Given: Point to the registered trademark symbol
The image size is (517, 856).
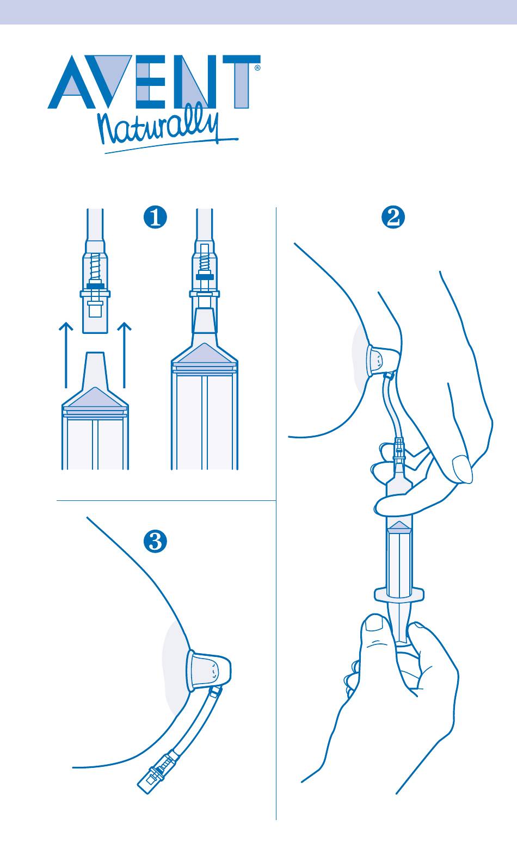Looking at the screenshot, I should coord(257,69).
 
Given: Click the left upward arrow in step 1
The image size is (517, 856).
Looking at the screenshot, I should coord(65,353).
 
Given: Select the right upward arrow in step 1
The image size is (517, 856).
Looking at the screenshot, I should coord(125,353).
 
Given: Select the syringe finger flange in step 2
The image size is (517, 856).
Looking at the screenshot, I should coord(398,593).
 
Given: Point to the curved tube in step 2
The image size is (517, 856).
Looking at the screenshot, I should coord(391,411).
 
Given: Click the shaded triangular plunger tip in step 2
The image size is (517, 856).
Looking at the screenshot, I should coord(399,525).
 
